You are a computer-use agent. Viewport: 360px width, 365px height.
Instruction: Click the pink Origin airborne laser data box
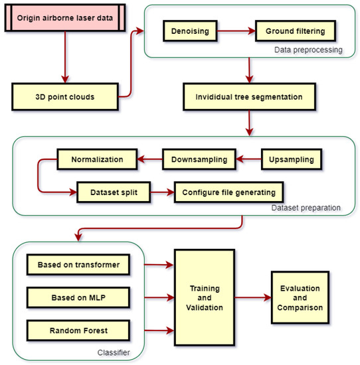[x=64, y=19]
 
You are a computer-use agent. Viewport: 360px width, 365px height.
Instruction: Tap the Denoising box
[x=189, y=31]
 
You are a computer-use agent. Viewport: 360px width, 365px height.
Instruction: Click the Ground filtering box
[x=296, y=31]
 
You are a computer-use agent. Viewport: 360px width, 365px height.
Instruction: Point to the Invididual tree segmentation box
[x=248, y=97]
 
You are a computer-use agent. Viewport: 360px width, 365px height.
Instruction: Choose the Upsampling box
[x=292, y=159]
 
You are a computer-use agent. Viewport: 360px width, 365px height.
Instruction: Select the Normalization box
[x=97, y=159]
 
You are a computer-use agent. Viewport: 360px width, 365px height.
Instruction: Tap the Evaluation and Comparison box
[x=300, y=298]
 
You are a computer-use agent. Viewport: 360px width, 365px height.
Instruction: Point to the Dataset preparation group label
[x=306, y=208]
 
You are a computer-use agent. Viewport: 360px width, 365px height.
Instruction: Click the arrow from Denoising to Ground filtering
[x=235, y=31]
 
